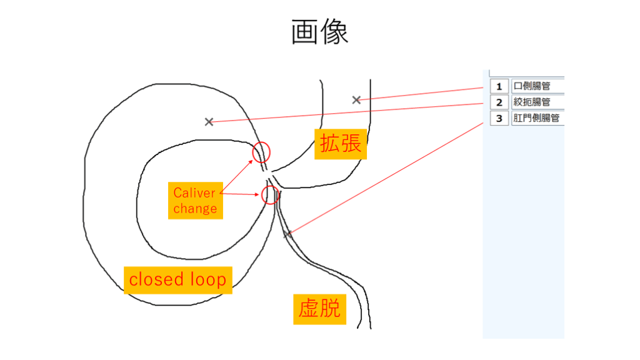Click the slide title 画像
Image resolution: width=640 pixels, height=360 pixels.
[x=319, y=32]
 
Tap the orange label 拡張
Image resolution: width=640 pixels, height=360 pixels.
[x=340, y=143]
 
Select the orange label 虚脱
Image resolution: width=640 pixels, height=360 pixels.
[x=319, y=308]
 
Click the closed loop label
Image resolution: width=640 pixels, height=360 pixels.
[x=177, y=279]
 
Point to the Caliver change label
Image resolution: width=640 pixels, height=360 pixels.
[x=195, y=200]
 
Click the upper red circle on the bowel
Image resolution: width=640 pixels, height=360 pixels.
[x=262, y=152]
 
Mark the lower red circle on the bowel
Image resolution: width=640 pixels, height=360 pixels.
[x=270, y=194]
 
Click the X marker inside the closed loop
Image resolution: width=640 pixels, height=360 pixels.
[x=209, y=122]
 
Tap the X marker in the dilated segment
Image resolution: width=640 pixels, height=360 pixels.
[x=356, y=100]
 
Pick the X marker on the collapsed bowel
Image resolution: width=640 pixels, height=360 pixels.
[x=287, y=234]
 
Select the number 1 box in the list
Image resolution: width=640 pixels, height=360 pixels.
[x=499, y=86]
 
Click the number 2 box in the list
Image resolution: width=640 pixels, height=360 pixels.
[x=499, y=102]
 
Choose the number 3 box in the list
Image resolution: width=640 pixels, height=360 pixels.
[x=499, y=117]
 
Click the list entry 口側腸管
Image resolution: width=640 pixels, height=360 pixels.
[x=537, y=86]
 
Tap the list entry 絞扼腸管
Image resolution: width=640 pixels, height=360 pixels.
[x=537, y=102]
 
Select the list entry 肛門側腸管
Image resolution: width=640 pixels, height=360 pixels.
[x=537, y=117]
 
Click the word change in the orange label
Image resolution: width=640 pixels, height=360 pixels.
[x=195, y=208]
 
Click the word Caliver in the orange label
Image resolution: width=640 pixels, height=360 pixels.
[x=194, y=192]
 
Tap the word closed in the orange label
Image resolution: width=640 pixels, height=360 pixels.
[x=156, y=279]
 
